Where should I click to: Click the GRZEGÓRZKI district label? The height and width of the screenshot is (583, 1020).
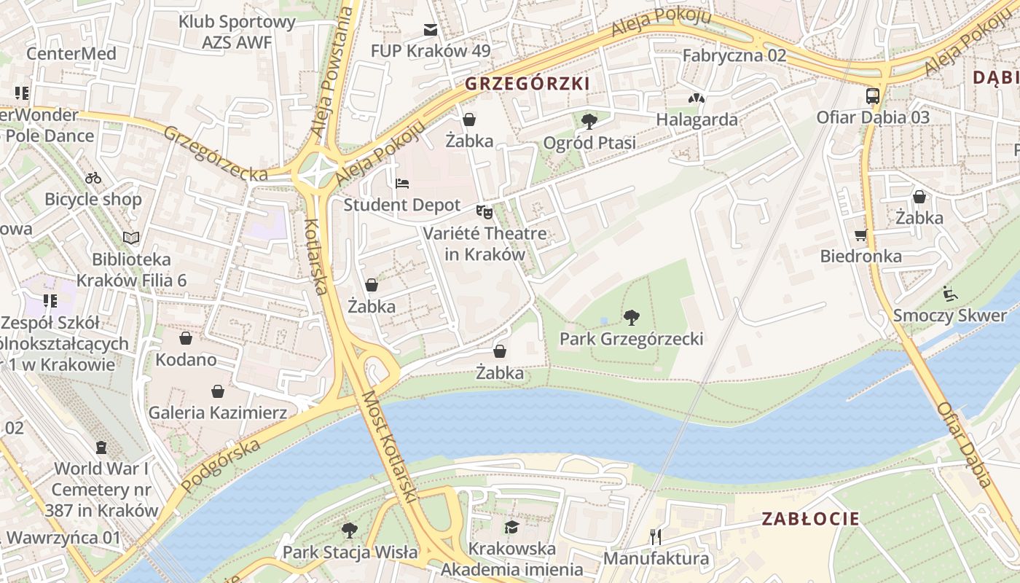527,84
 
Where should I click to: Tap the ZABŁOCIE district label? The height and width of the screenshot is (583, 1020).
810,519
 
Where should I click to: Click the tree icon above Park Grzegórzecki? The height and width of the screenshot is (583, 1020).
632,317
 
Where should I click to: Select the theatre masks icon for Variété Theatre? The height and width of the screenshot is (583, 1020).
484,212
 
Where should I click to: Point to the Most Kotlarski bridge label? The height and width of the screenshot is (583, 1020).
389,447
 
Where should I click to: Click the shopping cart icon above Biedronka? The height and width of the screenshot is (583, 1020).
861,235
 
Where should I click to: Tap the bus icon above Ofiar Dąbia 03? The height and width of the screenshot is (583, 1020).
872,95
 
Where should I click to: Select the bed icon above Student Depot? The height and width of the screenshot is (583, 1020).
402,184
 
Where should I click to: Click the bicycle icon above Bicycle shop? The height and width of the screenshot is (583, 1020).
93,178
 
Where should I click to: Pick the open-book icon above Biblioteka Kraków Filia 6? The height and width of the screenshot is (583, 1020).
131,238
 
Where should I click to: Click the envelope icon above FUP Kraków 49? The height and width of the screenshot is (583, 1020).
431,30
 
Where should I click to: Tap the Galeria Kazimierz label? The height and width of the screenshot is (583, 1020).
217,412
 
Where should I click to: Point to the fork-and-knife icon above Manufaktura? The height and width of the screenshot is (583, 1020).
656,537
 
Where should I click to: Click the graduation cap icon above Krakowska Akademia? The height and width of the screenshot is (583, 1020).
511,527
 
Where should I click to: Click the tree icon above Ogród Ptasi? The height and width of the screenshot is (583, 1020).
589,121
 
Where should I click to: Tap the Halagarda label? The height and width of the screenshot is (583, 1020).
697,120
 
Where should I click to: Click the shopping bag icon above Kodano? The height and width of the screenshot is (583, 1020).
186,338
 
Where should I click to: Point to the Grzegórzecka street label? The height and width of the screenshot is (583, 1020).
215,154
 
